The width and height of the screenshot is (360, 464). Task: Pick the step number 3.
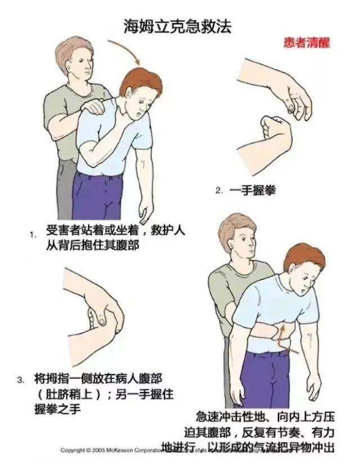pos(21,380)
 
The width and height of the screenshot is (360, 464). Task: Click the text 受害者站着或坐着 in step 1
pos(90,231)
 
